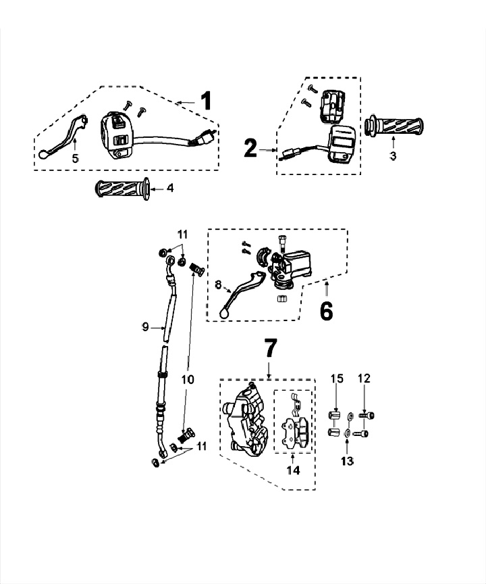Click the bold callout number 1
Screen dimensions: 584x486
pos(206,101)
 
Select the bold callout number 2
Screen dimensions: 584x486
pos(250,148)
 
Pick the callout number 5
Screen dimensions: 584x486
pos(75,158)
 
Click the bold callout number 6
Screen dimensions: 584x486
pos(326,312)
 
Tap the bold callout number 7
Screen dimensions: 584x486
pos(269,349)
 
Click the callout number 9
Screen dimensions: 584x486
pos(145,327)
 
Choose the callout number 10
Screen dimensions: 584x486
pos(188,379)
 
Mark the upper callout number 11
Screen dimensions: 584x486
pos(182,235)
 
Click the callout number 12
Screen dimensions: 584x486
pos(364,379)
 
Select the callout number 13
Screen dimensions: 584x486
pos(346,461)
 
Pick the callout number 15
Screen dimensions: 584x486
pos(336,379)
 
